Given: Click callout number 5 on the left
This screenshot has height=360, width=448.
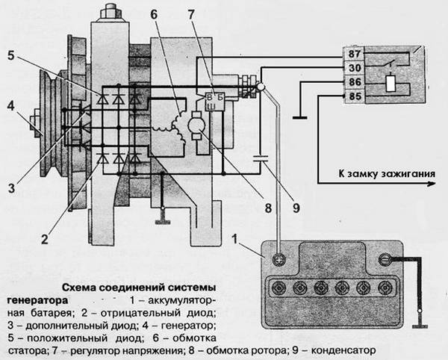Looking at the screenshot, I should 10,55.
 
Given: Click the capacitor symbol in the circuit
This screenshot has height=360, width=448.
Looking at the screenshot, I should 261,158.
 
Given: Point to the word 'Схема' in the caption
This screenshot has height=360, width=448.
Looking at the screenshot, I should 78,286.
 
